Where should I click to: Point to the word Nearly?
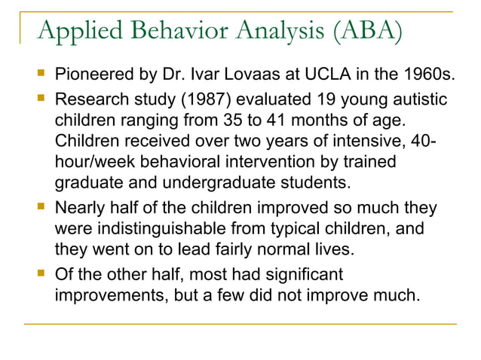[79, 207]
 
